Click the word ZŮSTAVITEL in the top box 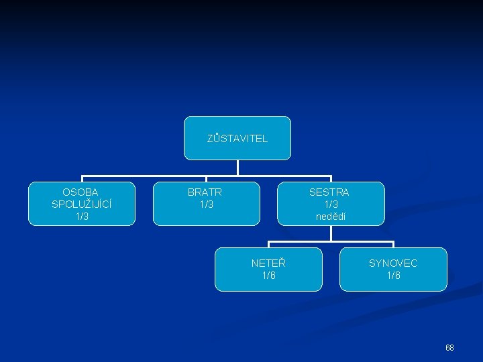pos(237,139)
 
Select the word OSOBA pos(80,192)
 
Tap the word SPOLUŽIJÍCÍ pos(80,204)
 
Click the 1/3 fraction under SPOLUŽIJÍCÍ pos(80,216)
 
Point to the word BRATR pos(205,192)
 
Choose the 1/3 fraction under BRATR pos(205,204)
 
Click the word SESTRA pos(329,192)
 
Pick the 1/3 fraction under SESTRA pos(331,204)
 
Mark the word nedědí pos(331,216)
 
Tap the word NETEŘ pos(268,263)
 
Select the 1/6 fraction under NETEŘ pos(268,276)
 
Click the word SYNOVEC pos(393,263)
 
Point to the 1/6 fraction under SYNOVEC pos(393,276)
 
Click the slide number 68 pos(449,348)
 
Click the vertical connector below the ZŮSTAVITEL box pos(237,168)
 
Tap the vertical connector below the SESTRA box pos(331,233)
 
